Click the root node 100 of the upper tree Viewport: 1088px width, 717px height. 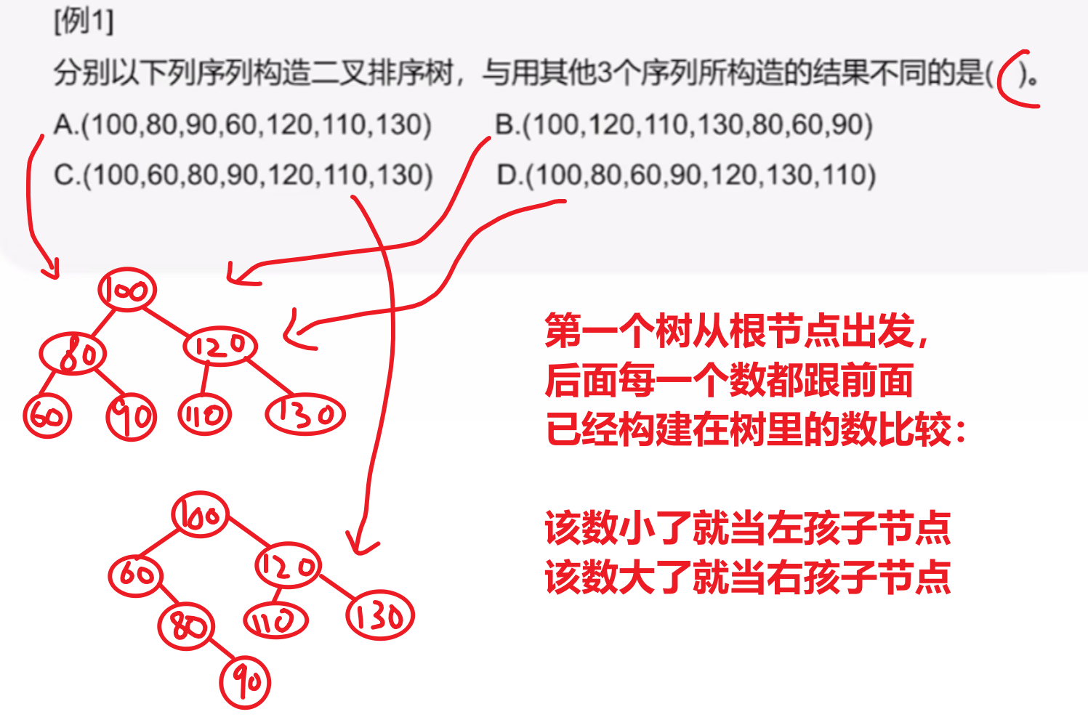pos(127,289)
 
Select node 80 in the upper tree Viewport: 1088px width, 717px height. pos(73,353)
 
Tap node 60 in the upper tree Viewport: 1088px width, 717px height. pos(47,416)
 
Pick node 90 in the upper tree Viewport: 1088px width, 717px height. pos(131,417)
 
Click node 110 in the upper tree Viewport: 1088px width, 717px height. pos(204,415)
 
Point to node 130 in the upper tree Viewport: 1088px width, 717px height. pos(305,414)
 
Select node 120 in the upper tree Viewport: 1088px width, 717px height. pos(220,346)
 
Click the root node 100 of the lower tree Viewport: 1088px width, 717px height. pos(200,514)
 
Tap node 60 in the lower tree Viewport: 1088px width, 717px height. pos(135,576)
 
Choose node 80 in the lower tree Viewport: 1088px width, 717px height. pos(186,626)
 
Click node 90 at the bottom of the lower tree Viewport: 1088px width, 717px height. pos(245,682)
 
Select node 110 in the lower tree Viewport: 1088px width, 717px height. pos(275,620)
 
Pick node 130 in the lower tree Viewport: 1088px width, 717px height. pos(380,615)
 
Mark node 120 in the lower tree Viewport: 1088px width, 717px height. pos(288,565)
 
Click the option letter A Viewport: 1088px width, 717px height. pos(64,124)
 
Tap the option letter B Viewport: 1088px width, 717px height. pos(505,125)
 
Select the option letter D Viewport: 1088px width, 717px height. pos(507,175)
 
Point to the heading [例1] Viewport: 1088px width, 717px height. pos(84,22)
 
